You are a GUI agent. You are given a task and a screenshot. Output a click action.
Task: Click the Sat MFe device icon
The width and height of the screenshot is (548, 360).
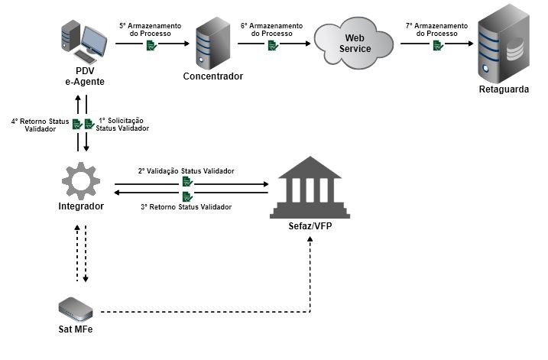(x=76, y=308)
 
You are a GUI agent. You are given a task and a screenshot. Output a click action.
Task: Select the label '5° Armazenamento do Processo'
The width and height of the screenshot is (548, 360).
(x=151, y=30)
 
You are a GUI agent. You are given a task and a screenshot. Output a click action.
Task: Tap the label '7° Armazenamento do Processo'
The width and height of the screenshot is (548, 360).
(x=437, y=30)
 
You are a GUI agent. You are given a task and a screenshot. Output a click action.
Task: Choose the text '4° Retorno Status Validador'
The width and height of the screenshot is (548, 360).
(x=40, y=125)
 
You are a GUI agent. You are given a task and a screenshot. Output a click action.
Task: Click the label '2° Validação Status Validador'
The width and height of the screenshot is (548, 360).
(x=186, y=170)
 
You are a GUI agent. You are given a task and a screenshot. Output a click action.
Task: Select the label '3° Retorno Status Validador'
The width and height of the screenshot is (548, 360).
(x=186, y=207)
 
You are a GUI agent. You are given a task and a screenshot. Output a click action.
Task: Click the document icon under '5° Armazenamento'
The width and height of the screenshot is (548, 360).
(x=151, y=46)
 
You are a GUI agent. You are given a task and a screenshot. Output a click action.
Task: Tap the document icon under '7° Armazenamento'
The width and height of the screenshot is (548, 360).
(x=437, y=46)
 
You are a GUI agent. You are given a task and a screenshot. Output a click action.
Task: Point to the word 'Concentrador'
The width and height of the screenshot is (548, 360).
(x=212, y=76)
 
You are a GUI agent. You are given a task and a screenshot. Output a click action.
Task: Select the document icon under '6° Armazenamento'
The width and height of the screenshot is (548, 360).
(x=272, y=46)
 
